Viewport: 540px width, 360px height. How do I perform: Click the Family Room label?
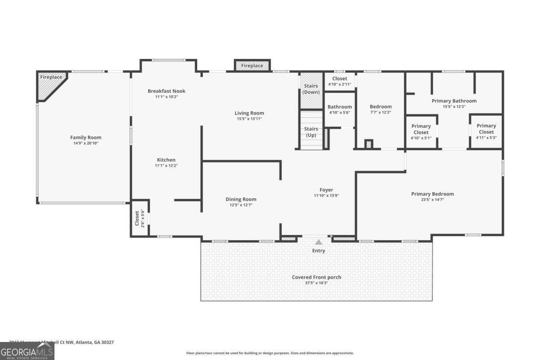click(x=85, y=137)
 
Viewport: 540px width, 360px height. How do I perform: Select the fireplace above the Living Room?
click(x=252, y=66)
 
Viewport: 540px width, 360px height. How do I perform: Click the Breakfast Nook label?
click(x=166, y=91)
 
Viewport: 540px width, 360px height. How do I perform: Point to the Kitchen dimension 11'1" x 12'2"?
click(x=166, y=166)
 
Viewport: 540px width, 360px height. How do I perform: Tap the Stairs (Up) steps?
click(x=311, y=132)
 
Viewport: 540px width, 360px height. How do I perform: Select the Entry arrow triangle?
click(x=319, y=242)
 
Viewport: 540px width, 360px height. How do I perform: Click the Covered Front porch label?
click(x=316, y=277)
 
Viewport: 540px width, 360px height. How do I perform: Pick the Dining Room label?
click(x=241, y=199)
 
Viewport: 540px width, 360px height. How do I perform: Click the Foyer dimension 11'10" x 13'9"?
click(x=326, y=196)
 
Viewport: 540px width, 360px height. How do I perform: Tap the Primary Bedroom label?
click(x=432, y=194)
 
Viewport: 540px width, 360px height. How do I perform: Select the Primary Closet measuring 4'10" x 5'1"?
click(x=421, y=132)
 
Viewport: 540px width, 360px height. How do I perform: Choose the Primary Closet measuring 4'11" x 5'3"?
click(x=486, y=131)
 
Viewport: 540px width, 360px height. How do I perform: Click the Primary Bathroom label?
click(x=454, y=101)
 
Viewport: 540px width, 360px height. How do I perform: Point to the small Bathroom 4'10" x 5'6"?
click(x=340, y=109)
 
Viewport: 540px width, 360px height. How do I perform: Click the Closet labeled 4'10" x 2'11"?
click(x=340, y=81)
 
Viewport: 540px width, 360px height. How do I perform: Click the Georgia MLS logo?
click(x=27, y=351)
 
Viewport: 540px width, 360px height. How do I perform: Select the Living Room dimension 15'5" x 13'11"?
click(x=249, y=118)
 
